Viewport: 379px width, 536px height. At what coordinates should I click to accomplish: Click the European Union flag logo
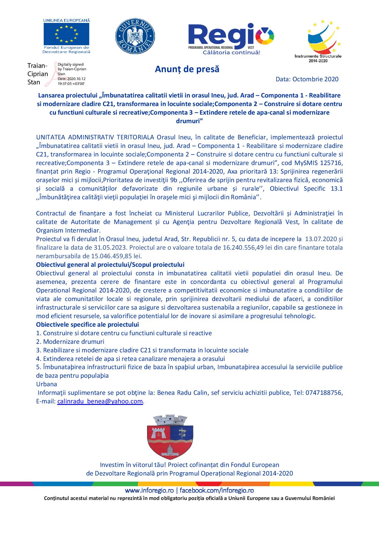click(x=66, y=34)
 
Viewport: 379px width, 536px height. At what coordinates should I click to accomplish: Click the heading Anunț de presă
click(x=187, y=69)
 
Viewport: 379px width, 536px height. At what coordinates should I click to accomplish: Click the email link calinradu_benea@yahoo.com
click(x=100, y=401)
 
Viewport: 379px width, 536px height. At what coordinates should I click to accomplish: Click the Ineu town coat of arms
click(x=171, y=436)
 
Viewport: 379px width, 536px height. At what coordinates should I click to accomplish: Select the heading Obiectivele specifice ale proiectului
click(x=87, y=324)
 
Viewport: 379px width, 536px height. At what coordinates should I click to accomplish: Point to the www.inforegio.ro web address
click(x=149, y=490)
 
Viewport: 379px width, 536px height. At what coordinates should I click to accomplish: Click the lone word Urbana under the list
click(x=46, y=384)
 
